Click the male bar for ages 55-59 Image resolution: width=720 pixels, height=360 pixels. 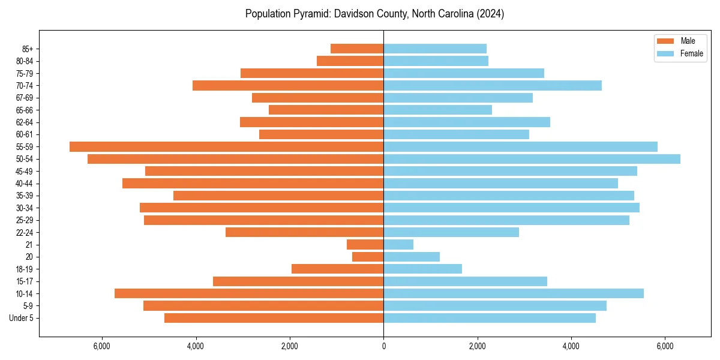tap(226, 146)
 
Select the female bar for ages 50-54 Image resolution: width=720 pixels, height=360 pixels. tap(532, 159)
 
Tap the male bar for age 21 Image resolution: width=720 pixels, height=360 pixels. tap(365, 245)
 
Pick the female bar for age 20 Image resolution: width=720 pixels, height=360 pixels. tap(412, 257)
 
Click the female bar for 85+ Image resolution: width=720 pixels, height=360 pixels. tap(435, 49)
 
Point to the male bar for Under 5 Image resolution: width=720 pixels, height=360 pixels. tap(274, 318)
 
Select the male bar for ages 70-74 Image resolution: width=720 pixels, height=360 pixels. tap(288, 85)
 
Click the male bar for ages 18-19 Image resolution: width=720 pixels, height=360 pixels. tap(337, 269)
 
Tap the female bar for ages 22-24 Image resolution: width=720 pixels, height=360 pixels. tap(451, 232)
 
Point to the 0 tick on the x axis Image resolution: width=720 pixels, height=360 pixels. tap(383, 346)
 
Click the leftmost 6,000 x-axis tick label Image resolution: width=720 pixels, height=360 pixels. tap(102, 346)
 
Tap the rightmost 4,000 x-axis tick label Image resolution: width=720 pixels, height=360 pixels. tap(571, 346)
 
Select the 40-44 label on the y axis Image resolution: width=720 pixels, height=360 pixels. tap(25, 184)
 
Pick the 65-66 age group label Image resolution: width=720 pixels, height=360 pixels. tap(25, 110)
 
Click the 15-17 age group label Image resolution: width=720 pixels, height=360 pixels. tap(25, 281)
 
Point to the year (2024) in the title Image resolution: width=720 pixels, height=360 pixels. tap(490, 14)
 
